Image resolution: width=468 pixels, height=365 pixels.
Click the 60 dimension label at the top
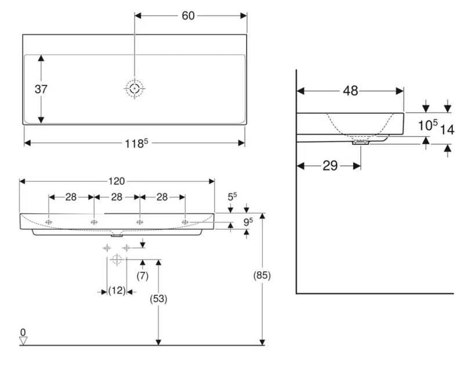tap(188, 16)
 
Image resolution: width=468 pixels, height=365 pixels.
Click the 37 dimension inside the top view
tap(41, 89)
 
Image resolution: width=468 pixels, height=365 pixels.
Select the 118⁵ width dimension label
tap(134, 143)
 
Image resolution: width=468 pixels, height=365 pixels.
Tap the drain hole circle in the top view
tap(135, 89)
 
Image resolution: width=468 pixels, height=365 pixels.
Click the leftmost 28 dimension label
tap(71, 197)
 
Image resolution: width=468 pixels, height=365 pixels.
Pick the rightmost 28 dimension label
tap(162, 197)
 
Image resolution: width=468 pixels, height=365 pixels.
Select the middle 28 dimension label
tap(117, 197)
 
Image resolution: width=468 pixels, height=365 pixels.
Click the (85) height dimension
tap(262, 275)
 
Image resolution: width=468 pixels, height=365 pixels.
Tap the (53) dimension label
tap(158, 299)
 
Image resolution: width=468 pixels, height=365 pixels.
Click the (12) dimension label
tap(117, 291)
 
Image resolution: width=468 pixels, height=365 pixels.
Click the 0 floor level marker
tap(23, 333)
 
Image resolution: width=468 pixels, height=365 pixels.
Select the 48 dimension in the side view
tap(350, 90)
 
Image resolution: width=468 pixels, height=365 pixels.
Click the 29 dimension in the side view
tap(330, 166)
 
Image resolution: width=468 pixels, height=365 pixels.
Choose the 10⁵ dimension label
tap(427, 125)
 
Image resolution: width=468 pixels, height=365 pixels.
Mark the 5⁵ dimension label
tap(231, 198)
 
